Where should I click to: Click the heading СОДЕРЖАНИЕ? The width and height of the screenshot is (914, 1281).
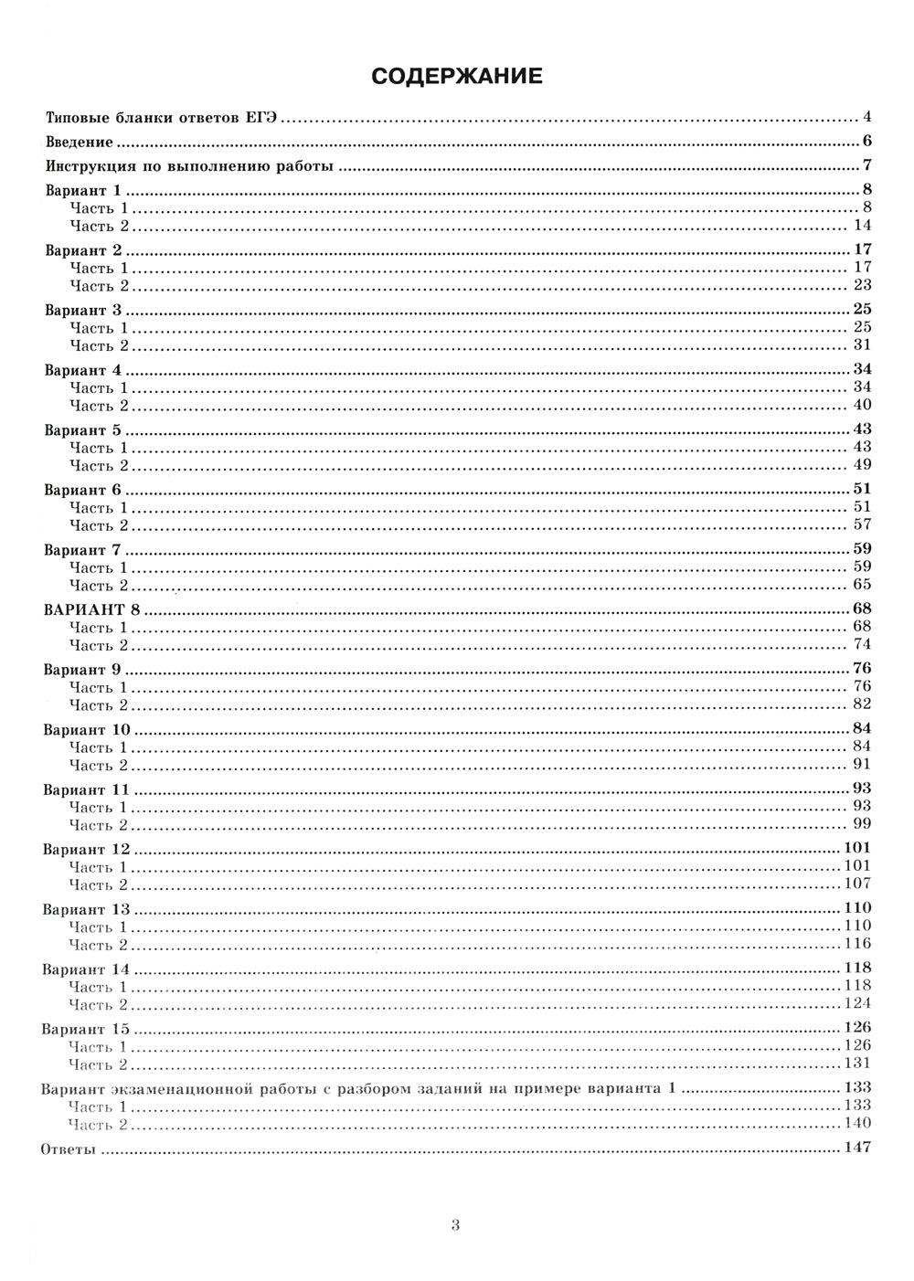tap(457, 76)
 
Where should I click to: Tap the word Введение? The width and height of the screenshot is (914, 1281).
tap(79, 143)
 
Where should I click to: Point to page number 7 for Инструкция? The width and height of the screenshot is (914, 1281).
tap(866, 165)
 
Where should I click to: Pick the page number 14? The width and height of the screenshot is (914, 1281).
tap(863, 226)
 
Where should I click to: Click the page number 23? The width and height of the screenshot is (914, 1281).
tap(863, 285)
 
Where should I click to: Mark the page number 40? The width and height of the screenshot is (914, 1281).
tap(863, 405)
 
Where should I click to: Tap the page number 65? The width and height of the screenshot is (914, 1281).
tap(863, 585)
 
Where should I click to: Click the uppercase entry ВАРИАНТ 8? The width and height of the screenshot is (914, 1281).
tap(88, 609)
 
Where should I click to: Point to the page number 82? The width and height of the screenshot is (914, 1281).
tap(863, 704)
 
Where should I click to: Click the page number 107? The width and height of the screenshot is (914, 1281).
tap(858, 884)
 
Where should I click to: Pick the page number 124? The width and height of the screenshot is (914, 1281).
tap(858, 1004)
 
